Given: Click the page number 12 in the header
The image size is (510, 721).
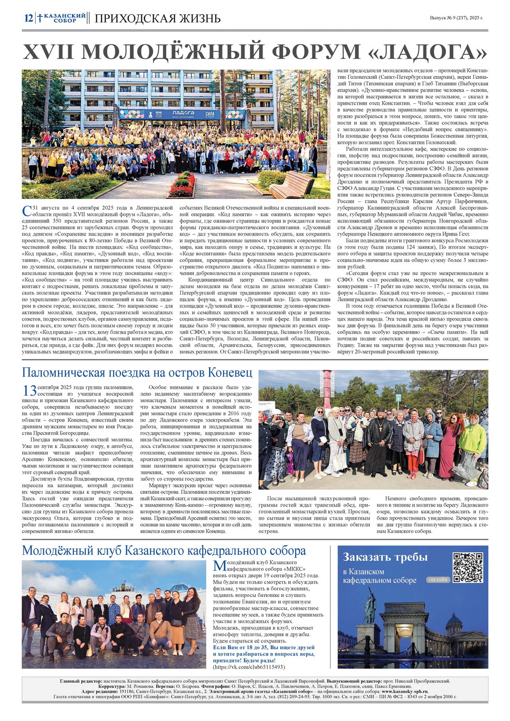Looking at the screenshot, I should click(28, 18).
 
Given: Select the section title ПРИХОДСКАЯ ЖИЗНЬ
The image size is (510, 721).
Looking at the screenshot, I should click(158, 19).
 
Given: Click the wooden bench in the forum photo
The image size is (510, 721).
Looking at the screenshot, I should click(291, 185).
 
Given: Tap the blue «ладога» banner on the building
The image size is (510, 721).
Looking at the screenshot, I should click(183, 113).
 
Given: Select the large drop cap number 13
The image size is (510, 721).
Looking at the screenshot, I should click(29, 390).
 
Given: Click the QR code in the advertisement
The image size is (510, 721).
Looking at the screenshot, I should click(468, 568).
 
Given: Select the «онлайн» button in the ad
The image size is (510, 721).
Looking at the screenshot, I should click(438, 579).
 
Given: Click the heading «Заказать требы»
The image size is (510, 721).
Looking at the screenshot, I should click(385, 557).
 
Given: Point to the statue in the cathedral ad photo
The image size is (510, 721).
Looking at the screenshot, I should click(369, 607).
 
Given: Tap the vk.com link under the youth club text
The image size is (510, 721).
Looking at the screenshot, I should click(249, 667).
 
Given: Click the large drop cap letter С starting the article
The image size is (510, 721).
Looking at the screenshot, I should click(27, 211).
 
